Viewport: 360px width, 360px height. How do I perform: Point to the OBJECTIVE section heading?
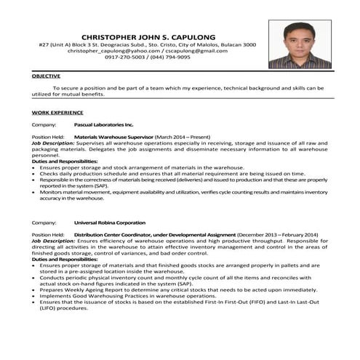[x=46, y=76]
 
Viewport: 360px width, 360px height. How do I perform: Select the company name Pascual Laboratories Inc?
[x=104, y=125]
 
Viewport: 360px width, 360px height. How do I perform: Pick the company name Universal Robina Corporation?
[x=109, y=223]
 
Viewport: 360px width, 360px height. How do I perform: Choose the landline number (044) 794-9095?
[x=173, y=57]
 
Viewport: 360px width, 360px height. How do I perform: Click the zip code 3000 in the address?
[x=249, y=44]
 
